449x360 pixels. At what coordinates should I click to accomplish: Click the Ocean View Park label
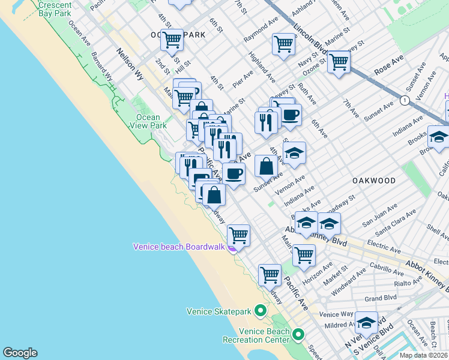(x=148, y=121)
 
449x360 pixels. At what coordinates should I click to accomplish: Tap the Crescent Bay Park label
(x=55, y=8)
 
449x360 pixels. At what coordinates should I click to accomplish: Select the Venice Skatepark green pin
(x=260, y=311)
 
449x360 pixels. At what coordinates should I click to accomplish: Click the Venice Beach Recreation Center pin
(x=298, y=334)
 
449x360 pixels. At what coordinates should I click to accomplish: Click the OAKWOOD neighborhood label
(x=374, y=181)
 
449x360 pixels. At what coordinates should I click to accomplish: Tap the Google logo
(x=20, y=353)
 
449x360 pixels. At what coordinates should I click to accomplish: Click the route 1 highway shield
(x=405, y=100)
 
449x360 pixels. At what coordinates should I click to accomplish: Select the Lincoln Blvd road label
(x=311, y=40)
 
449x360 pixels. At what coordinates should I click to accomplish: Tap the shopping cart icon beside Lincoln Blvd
(x=339, y=61)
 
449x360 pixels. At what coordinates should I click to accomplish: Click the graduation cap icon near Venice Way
(x=366, y=323)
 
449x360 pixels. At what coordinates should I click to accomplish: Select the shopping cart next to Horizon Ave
(x=304, y=254)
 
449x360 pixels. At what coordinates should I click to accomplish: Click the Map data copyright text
(x=424, y=355)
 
